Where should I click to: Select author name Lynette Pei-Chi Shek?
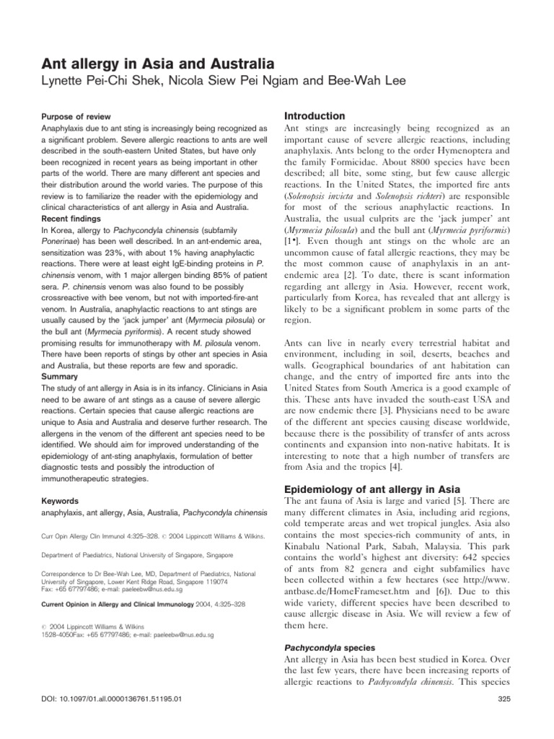pyautogui.click(x=108, y=83)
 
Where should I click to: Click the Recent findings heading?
pyautogui.click(x=71, y=217)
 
